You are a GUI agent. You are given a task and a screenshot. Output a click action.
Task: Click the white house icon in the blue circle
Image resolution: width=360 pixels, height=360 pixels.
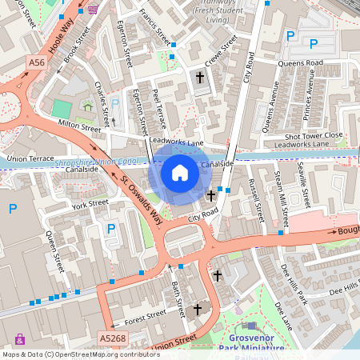coord(180,172)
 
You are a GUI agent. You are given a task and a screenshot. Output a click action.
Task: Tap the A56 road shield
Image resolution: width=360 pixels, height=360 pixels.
coord(37,62)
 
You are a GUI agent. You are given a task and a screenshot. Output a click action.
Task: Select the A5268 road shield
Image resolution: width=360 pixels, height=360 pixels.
coord(114,339)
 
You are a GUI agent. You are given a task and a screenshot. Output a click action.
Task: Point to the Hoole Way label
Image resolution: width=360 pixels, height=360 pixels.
coord(65,36)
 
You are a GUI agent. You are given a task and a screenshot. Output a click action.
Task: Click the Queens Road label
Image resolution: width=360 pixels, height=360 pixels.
coord(299,62)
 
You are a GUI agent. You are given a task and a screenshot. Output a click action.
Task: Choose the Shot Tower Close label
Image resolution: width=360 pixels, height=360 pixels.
coord(313,135)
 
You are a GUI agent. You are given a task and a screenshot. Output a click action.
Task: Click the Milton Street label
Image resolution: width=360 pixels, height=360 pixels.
coord(80,125)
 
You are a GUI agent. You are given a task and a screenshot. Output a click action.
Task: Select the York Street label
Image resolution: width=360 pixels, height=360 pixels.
coord(90,204)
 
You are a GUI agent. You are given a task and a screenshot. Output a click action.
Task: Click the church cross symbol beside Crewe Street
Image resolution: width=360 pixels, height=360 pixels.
coord(200,78)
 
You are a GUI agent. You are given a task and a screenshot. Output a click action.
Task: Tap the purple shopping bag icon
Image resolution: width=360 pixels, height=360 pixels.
coord(20,339)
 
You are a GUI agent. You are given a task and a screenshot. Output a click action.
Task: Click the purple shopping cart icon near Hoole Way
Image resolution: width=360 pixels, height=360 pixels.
coord(93,10)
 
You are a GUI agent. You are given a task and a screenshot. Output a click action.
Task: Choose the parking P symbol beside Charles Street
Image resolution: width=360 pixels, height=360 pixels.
coord(114,103)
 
